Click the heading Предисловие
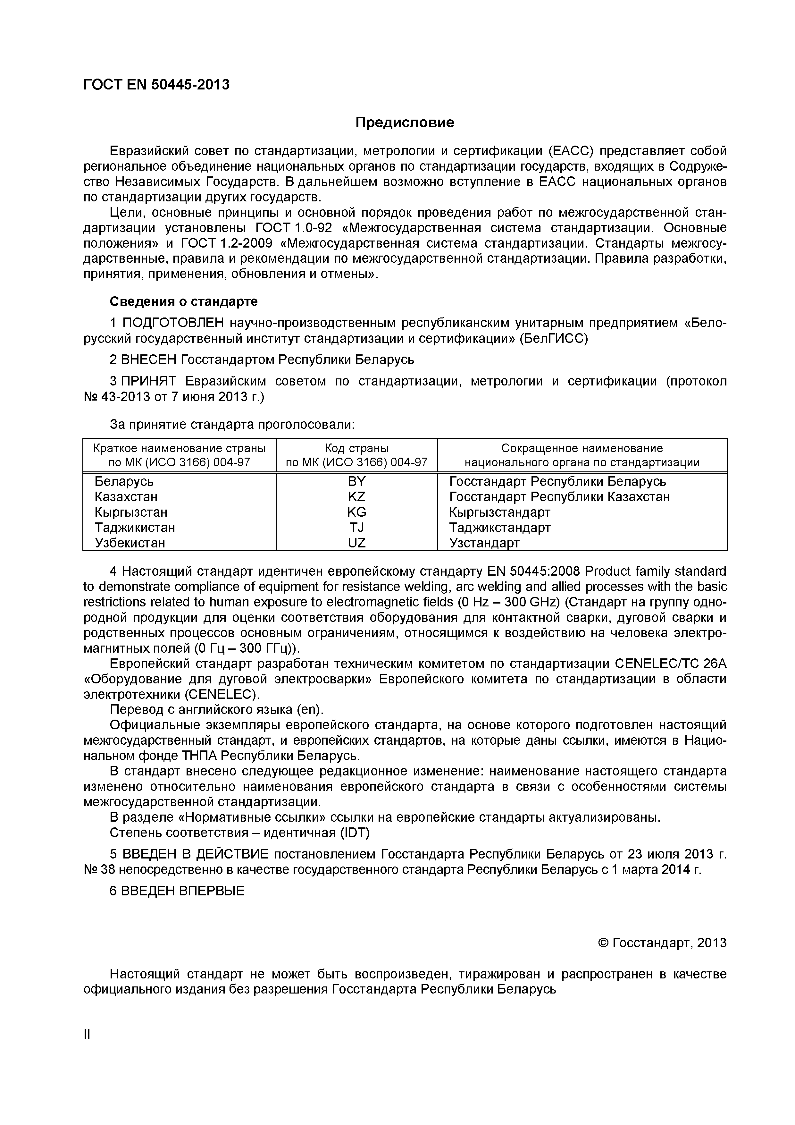point(405,123)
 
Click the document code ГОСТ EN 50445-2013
point(156,85)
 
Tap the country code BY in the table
point(356,481)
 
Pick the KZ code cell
point(356,497)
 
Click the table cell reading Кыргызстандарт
point(500,512)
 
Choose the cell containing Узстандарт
point(484,543)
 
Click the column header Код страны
point(356,448)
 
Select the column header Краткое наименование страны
point(179,448)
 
